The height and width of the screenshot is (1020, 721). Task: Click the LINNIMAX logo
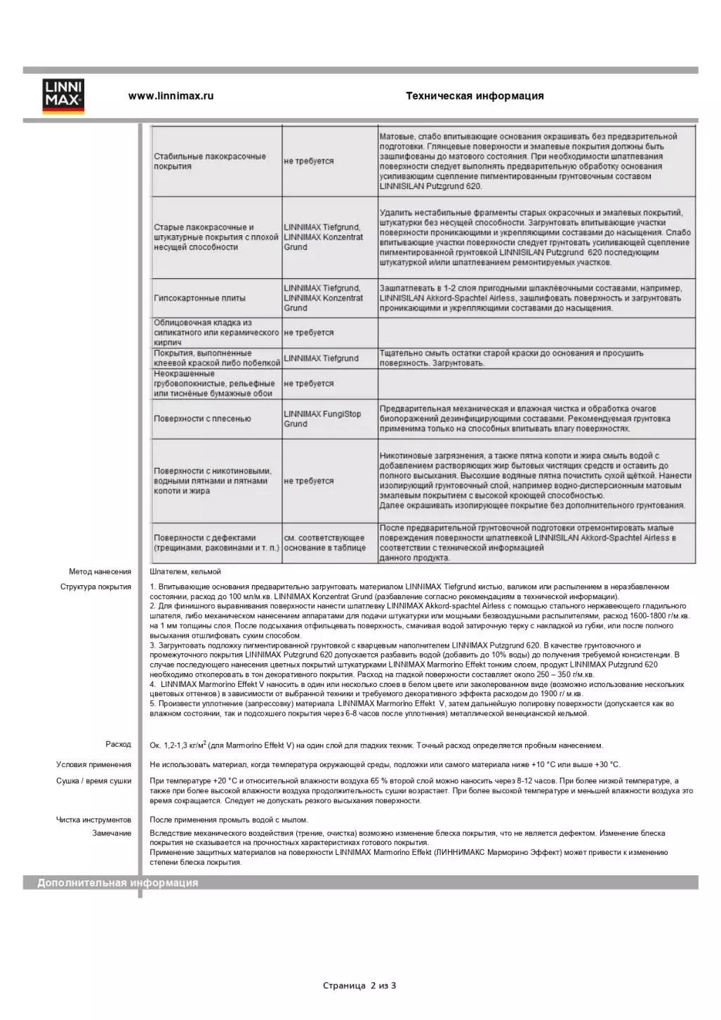click(x=63, y=96)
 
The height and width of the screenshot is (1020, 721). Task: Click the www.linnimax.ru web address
click(x=171, y=96)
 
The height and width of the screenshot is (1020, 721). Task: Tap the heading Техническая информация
click(x=475, y=96)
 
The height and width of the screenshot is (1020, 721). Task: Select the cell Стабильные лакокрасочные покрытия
click(x=210, y=162)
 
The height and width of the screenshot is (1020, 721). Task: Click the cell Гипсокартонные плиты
click(x=200, y=299)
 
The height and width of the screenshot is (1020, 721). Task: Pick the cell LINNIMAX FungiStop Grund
click(x=322, y=419)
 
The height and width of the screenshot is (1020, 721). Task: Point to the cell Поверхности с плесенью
click(x=202, y=419)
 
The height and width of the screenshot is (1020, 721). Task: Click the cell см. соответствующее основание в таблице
click(x=324, y=543)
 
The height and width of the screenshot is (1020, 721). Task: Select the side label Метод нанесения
click(x=100, y=572)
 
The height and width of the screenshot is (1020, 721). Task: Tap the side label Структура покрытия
click(x=95, y=587)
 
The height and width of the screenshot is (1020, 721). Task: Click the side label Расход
click(x=118, y=745)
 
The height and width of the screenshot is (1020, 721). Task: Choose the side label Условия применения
click(x=93, y=765)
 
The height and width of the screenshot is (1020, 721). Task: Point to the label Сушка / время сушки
click(x=93, y=781)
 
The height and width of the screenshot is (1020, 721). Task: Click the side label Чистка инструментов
click(x=93, y=820)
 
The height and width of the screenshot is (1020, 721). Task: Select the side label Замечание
click(x=112, y=833)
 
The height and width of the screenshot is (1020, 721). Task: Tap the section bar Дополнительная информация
click(x=118, y=883)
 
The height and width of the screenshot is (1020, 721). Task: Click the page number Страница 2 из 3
click(x=359, y=986)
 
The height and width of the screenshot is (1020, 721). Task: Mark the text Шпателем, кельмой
click(x=185, y=572)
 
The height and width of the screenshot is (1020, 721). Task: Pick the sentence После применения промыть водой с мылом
click(x=229, y=820)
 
